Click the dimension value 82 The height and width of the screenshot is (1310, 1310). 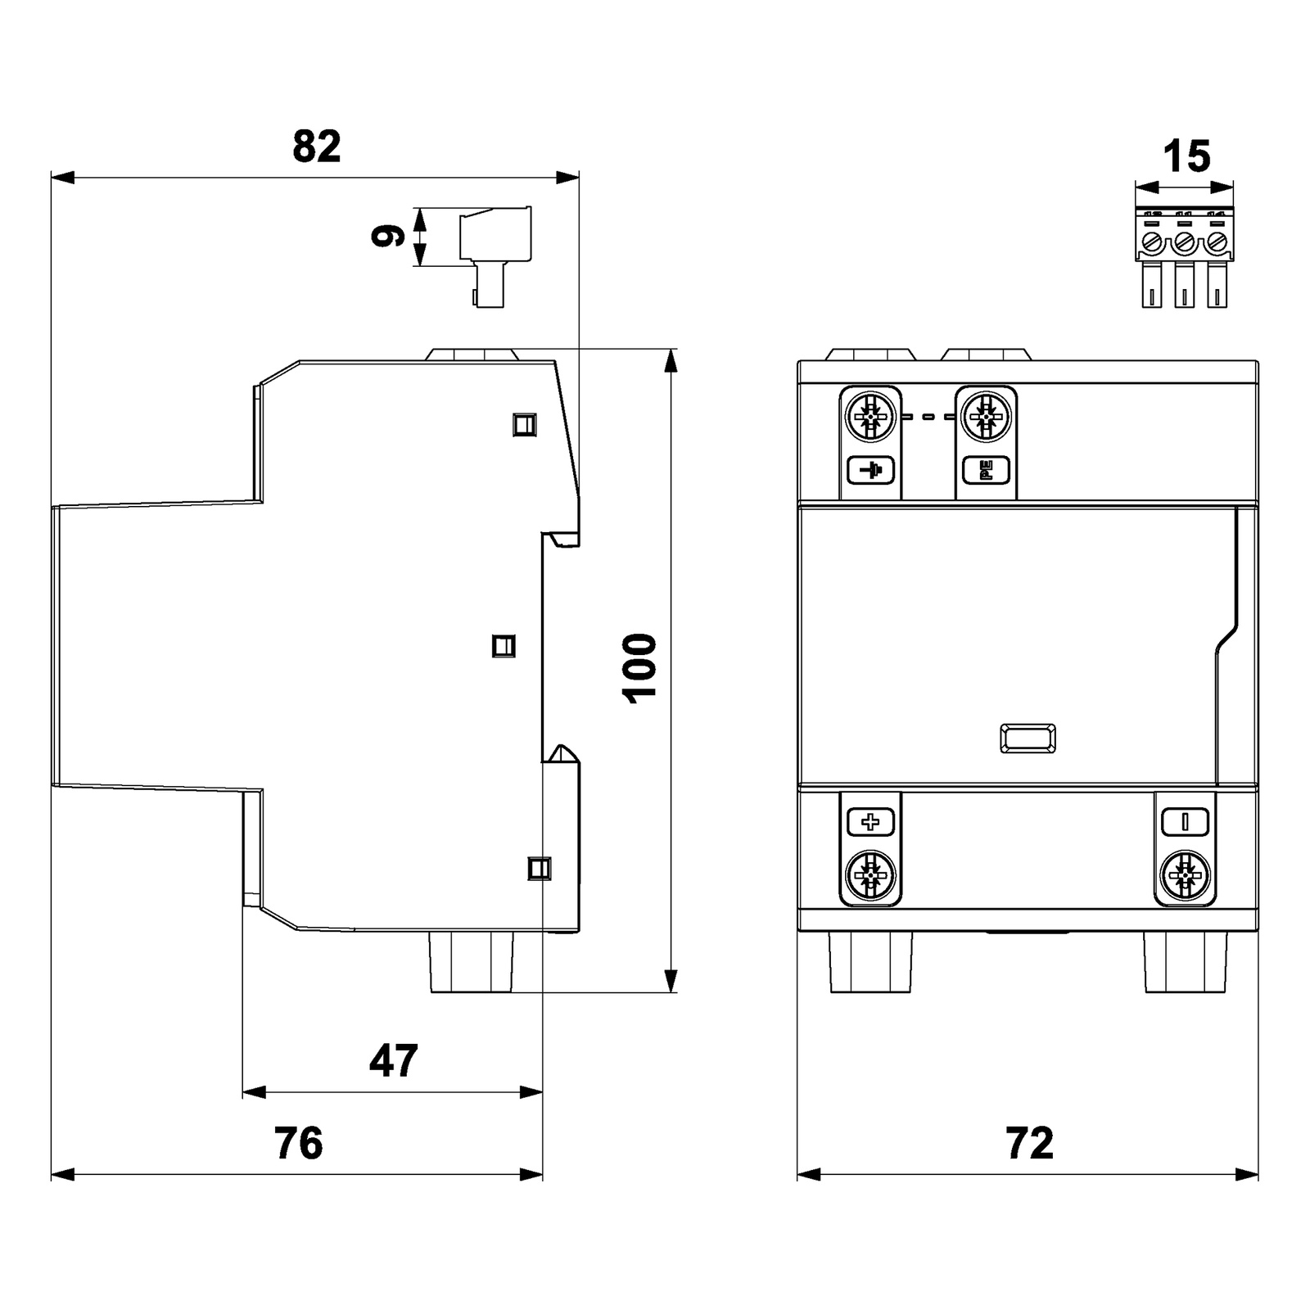coord(316,147)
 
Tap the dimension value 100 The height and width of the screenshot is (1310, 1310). coord(640,667)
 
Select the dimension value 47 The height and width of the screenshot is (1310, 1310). coord(393,1060)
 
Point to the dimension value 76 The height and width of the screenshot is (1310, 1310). coord(298,1143)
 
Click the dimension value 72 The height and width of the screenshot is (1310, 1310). coord(1028,1143)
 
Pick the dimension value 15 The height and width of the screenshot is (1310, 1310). coord(1186,156)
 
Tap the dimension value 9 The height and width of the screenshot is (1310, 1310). coord(388,236)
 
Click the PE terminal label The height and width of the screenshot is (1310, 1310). coord(986,470)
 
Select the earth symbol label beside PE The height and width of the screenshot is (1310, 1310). coord(870,470)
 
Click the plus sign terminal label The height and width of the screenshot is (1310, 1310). coord(870,821)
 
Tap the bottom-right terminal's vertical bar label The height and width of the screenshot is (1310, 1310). coord(1184,821)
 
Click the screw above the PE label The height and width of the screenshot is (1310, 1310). coord(986,418)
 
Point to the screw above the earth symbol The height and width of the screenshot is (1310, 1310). coord(870,418)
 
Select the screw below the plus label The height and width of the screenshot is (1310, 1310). coord(870,876)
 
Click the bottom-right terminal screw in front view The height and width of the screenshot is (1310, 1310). coord(1184,876)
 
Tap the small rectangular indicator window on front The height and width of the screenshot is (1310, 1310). coord(1028,739)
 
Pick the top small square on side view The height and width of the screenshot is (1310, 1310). coord(524,424)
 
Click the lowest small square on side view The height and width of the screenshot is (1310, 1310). coord(540,868)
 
